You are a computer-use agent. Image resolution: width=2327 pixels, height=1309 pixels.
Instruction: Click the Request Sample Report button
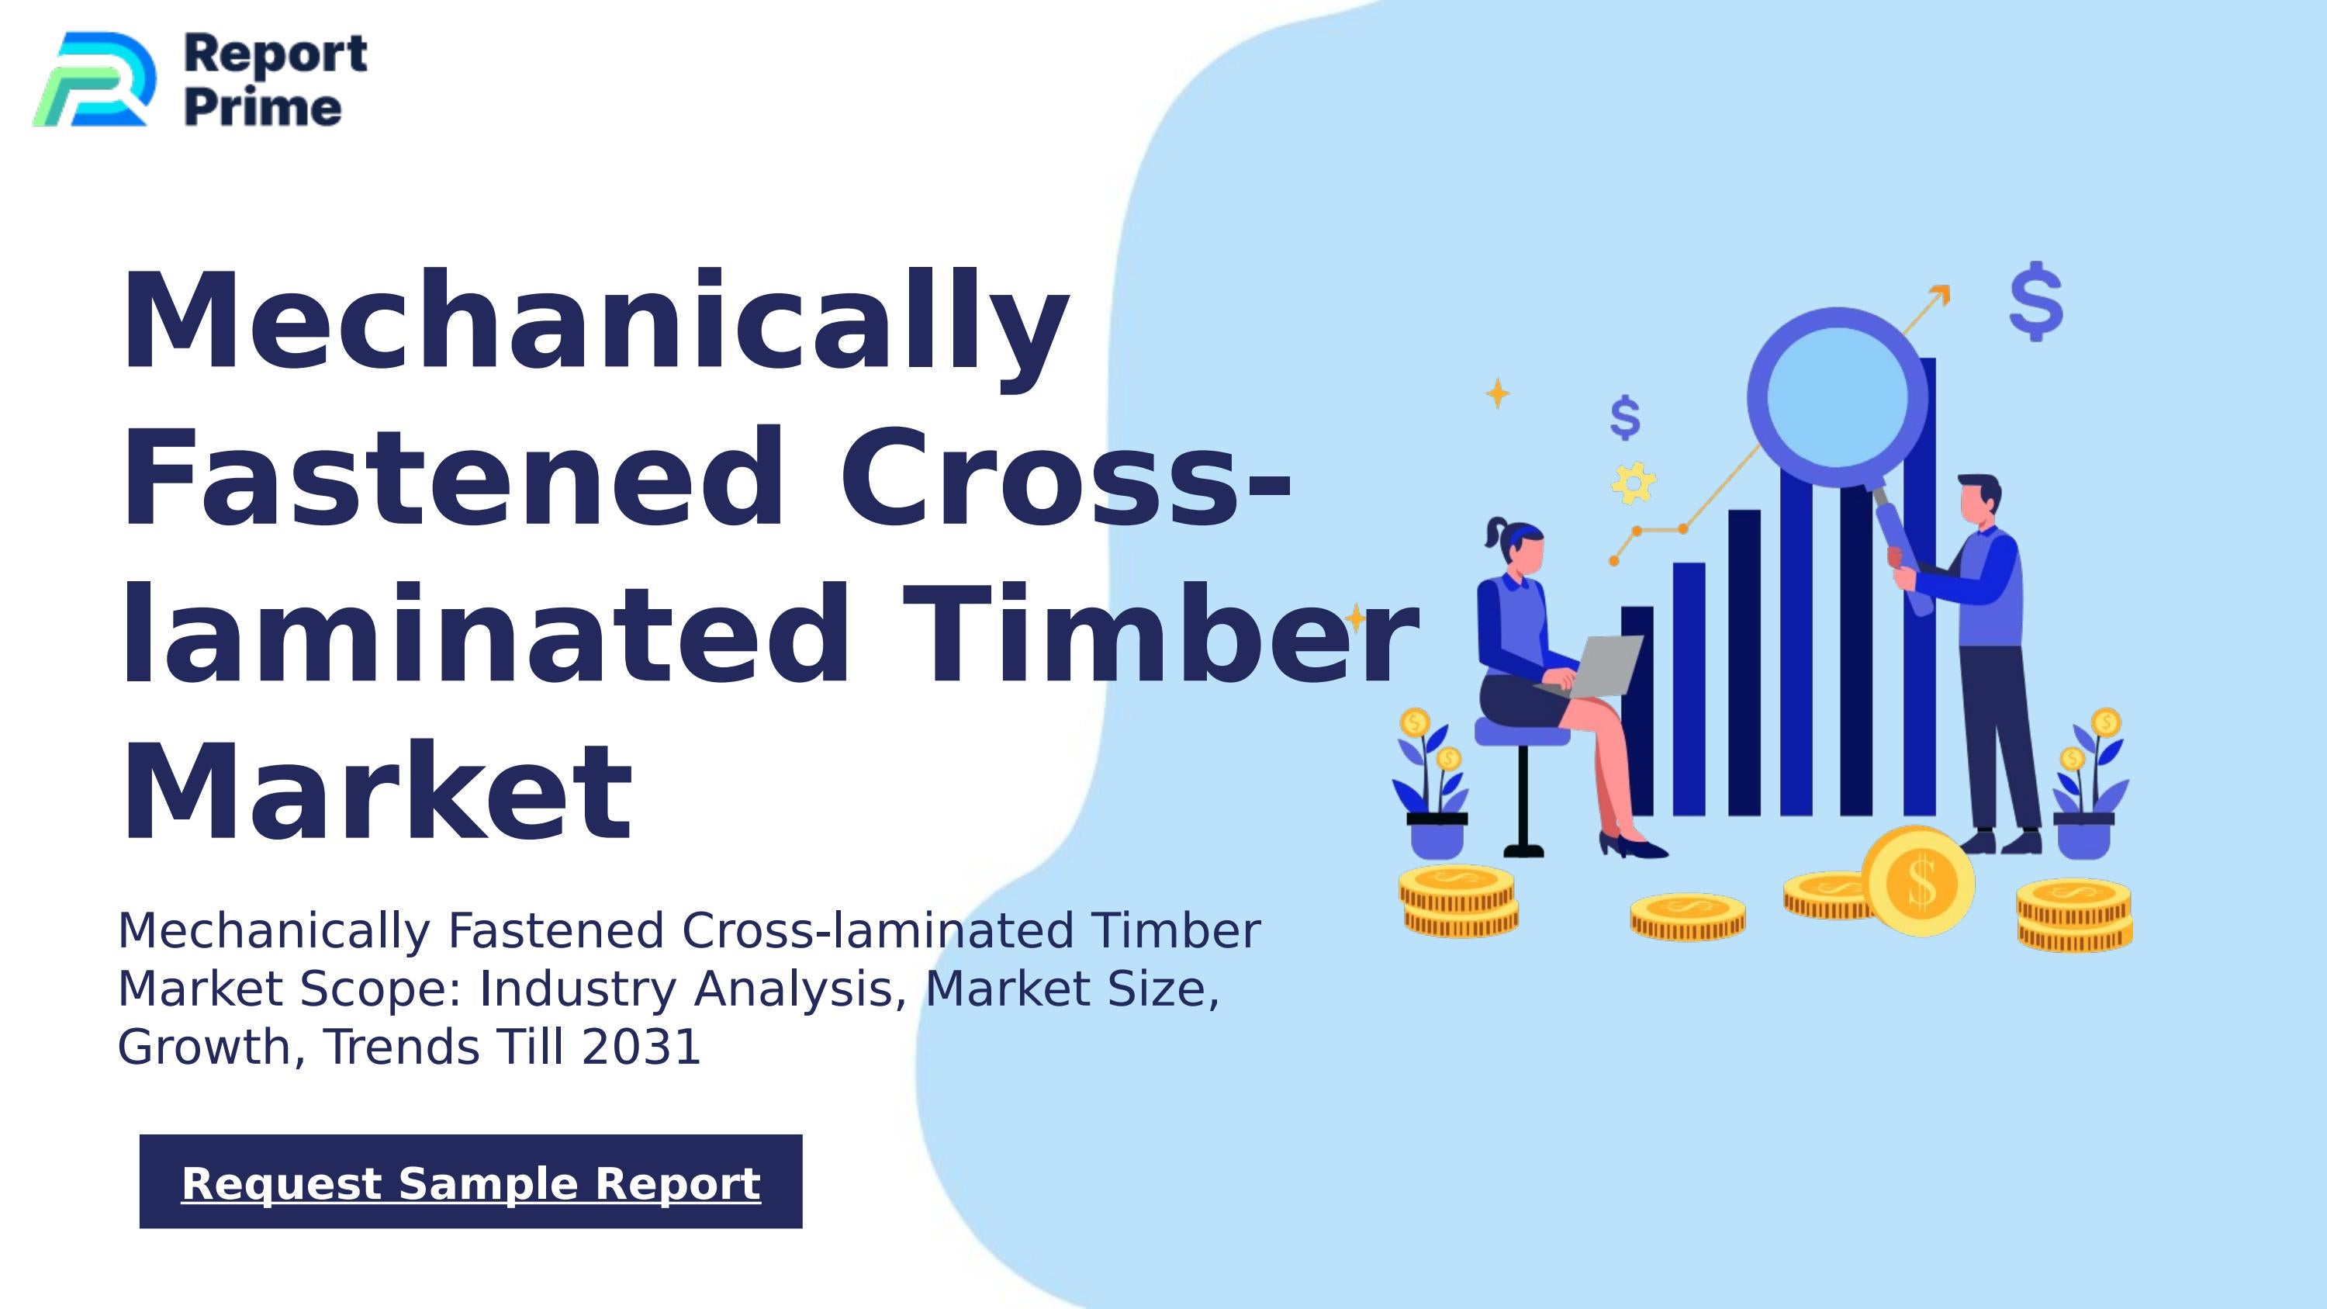tap(471, 1182)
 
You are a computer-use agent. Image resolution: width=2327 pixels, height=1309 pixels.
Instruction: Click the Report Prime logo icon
tap(94, 79)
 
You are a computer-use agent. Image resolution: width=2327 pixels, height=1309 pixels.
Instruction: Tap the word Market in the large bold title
tap(375, 792)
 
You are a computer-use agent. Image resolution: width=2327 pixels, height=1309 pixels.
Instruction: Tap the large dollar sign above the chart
tap(2036, 302)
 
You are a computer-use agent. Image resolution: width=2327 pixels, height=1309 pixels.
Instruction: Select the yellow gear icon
tap(1634, 483)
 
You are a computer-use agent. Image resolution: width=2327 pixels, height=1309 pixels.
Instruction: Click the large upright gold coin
tap(1920, 881)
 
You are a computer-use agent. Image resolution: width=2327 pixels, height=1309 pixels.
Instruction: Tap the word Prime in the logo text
tap(263, 108)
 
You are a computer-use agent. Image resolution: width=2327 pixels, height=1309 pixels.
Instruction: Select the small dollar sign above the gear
tap(1625, 417)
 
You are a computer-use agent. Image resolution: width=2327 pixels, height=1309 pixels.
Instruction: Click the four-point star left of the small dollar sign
tap(1498, 393)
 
